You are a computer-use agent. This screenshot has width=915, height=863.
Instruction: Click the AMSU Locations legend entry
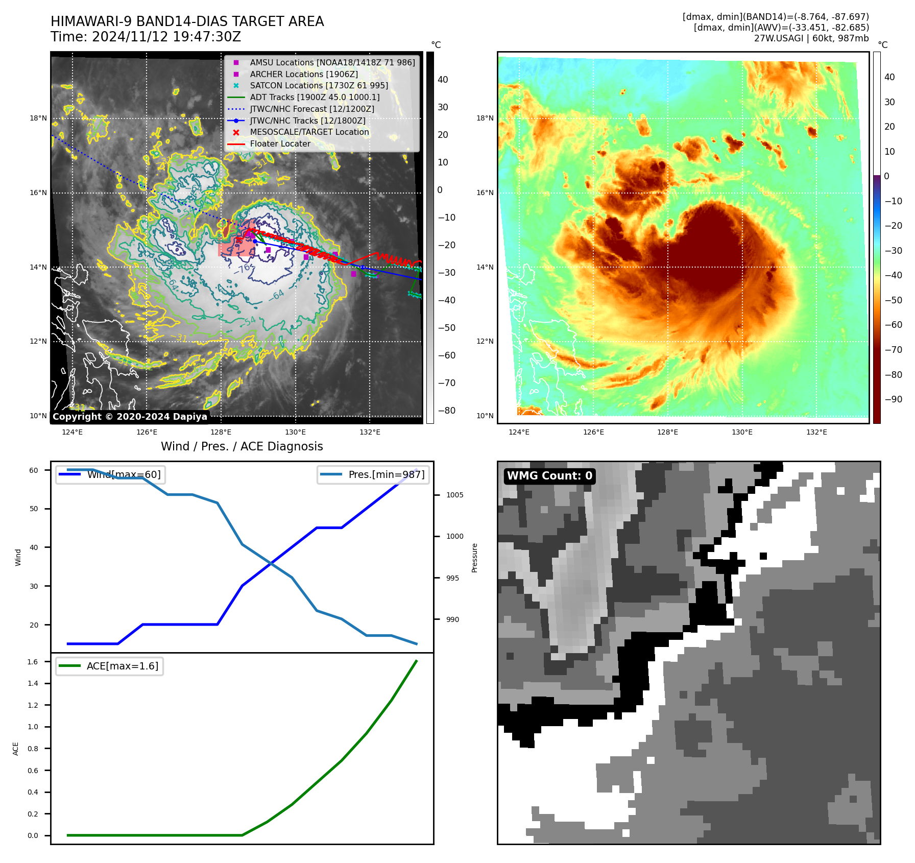pyautogui.click(x=332, y=62)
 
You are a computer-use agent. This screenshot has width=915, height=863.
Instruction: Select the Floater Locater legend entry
pyautogui.click(x=280, y=144)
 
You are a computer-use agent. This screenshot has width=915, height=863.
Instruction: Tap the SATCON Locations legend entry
pyautogui.click(x=319, y=86)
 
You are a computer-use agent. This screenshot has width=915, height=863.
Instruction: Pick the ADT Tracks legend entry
pyautogui.click(x=315, y=97)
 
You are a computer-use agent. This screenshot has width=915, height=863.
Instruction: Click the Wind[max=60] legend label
pyautogui.click(x=124, y=474)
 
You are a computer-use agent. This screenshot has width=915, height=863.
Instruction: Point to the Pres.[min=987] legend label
pyautogui.click(x=386, y=474)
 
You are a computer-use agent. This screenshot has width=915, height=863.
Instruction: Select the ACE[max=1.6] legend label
pyautogui.click(x=123, y=666)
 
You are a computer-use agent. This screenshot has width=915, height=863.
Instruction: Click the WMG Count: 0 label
pyautogui.click(x=549, y=476)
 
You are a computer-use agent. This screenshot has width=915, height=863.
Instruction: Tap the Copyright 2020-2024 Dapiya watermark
pyautogui.click(x=130, y=417)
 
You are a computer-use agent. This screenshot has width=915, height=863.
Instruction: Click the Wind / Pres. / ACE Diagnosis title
pyautogui.click(x=242, y=446)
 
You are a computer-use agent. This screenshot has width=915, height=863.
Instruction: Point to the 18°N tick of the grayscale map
pyautogui.click(x=38, y=118)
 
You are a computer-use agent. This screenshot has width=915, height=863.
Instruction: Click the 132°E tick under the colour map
pyautogui.click(x=816, y=433)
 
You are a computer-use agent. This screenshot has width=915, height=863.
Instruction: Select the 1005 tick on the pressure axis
pyautogui.click(x=454, y=495)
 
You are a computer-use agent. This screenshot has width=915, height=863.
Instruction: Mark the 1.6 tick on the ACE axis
pyautogui.click(x=33, y=662)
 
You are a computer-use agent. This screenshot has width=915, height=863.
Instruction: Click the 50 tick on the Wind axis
pyautogui.click(x=34, y=509)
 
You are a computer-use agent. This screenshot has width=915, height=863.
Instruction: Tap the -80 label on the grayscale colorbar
pyautogui.click(x=446, y=411)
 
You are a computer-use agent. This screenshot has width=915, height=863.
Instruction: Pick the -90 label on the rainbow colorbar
pyautogui.click(x=893, y=399)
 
